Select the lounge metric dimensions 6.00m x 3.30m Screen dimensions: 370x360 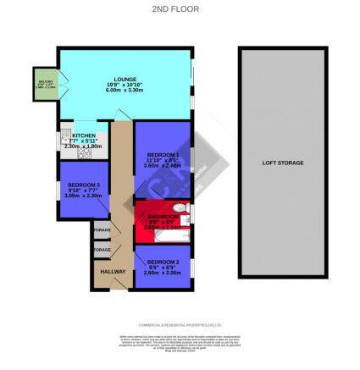click(x=125, y=91)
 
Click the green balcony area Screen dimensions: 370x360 click(x=44, y=85)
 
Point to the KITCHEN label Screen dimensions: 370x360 click(x=84, y=135)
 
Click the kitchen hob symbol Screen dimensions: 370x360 click(x=83, y=154)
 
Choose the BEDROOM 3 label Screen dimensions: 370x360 click(x=84, y=185)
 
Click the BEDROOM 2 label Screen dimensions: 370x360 click(x=163, y=262)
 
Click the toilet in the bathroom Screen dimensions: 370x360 click(x=180, y=208)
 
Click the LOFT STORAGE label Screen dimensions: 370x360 click(x=283, y=162)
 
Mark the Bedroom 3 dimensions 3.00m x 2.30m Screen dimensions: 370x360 click(x=84, y=196)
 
